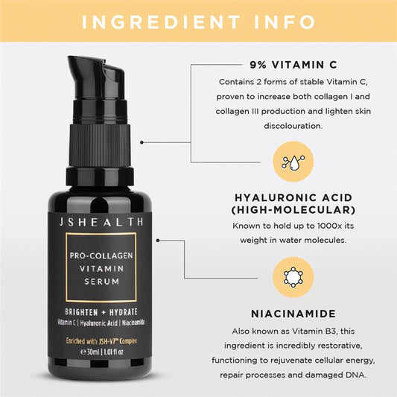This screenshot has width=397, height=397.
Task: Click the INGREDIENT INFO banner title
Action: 198,20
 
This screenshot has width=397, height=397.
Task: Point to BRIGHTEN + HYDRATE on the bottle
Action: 109,310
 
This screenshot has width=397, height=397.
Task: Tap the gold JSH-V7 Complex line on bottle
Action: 109,340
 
